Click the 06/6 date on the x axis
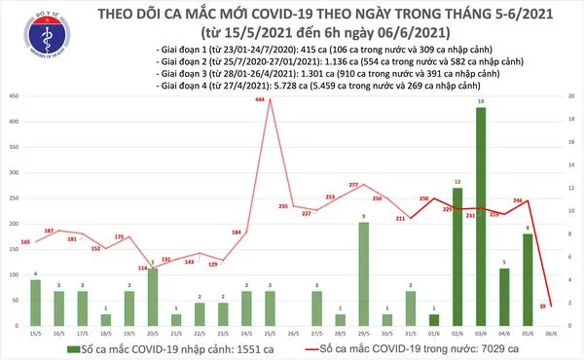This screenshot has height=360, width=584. [x=551, y=333]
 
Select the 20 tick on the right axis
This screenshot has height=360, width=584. [x=571, y=96]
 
